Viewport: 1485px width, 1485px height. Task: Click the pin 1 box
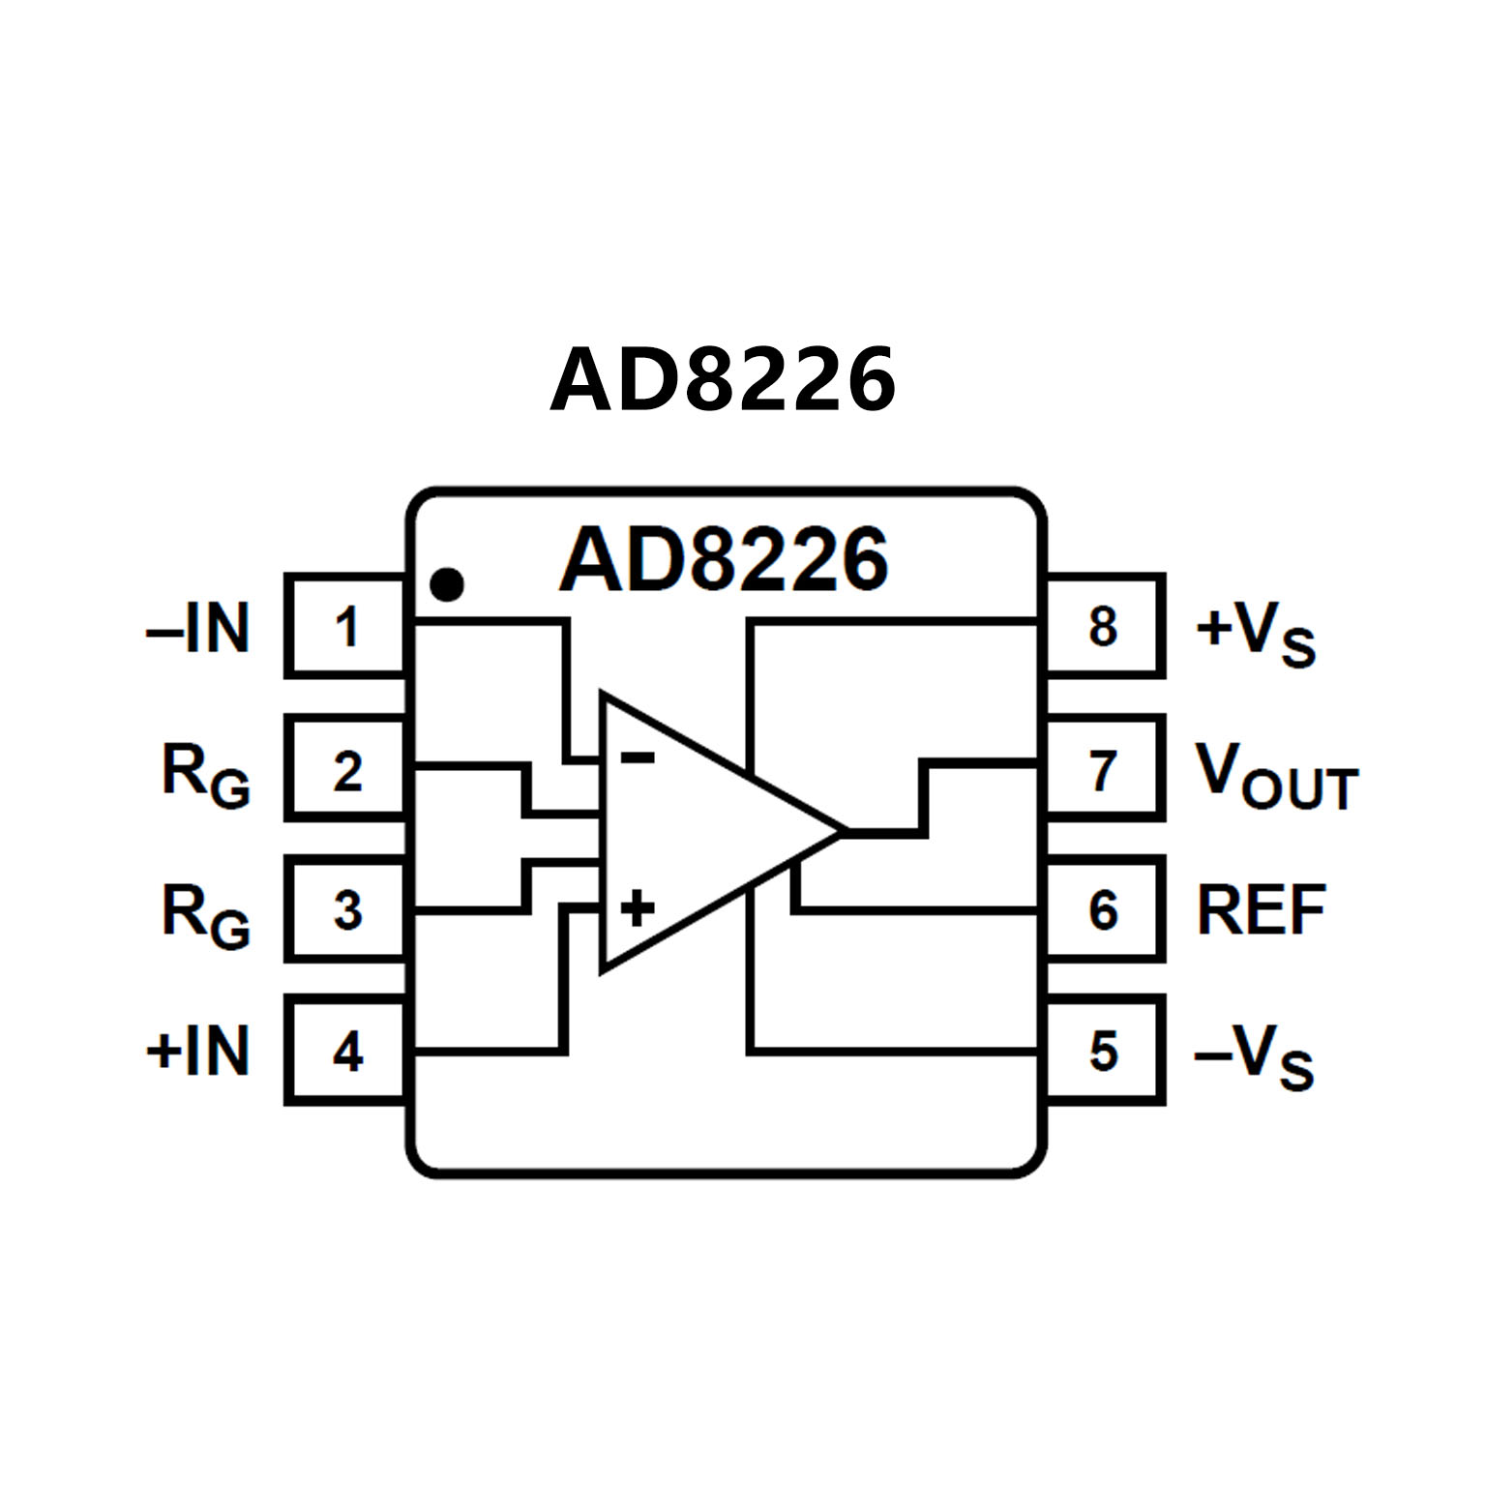point(346,627)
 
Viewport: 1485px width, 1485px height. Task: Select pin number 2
point(346,769)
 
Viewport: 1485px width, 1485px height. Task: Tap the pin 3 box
point(346,909)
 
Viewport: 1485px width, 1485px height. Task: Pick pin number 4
point(346,1051)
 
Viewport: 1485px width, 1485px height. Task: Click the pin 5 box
point(1104,1051)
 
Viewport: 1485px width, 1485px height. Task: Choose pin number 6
point(1104,909)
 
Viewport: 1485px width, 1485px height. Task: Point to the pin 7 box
point(1104,769)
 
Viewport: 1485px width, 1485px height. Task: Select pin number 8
point(1104,627)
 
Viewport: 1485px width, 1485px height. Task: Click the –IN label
point(198,629)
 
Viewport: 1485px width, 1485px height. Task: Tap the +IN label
point(198,1051)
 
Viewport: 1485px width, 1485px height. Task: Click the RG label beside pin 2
point(205,774)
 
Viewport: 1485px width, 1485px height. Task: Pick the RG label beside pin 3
point(205,914)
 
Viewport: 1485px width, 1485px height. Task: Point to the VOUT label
point(1276,776)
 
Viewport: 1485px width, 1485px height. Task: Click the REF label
point(1261,910)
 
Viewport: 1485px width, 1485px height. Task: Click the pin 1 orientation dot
point(447,584)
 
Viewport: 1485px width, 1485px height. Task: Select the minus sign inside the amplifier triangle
point(637,757)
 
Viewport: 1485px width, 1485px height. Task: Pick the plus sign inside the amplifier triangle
point(637,908)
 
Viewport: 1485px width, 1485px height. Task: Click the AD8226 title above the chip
point(723,379)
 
